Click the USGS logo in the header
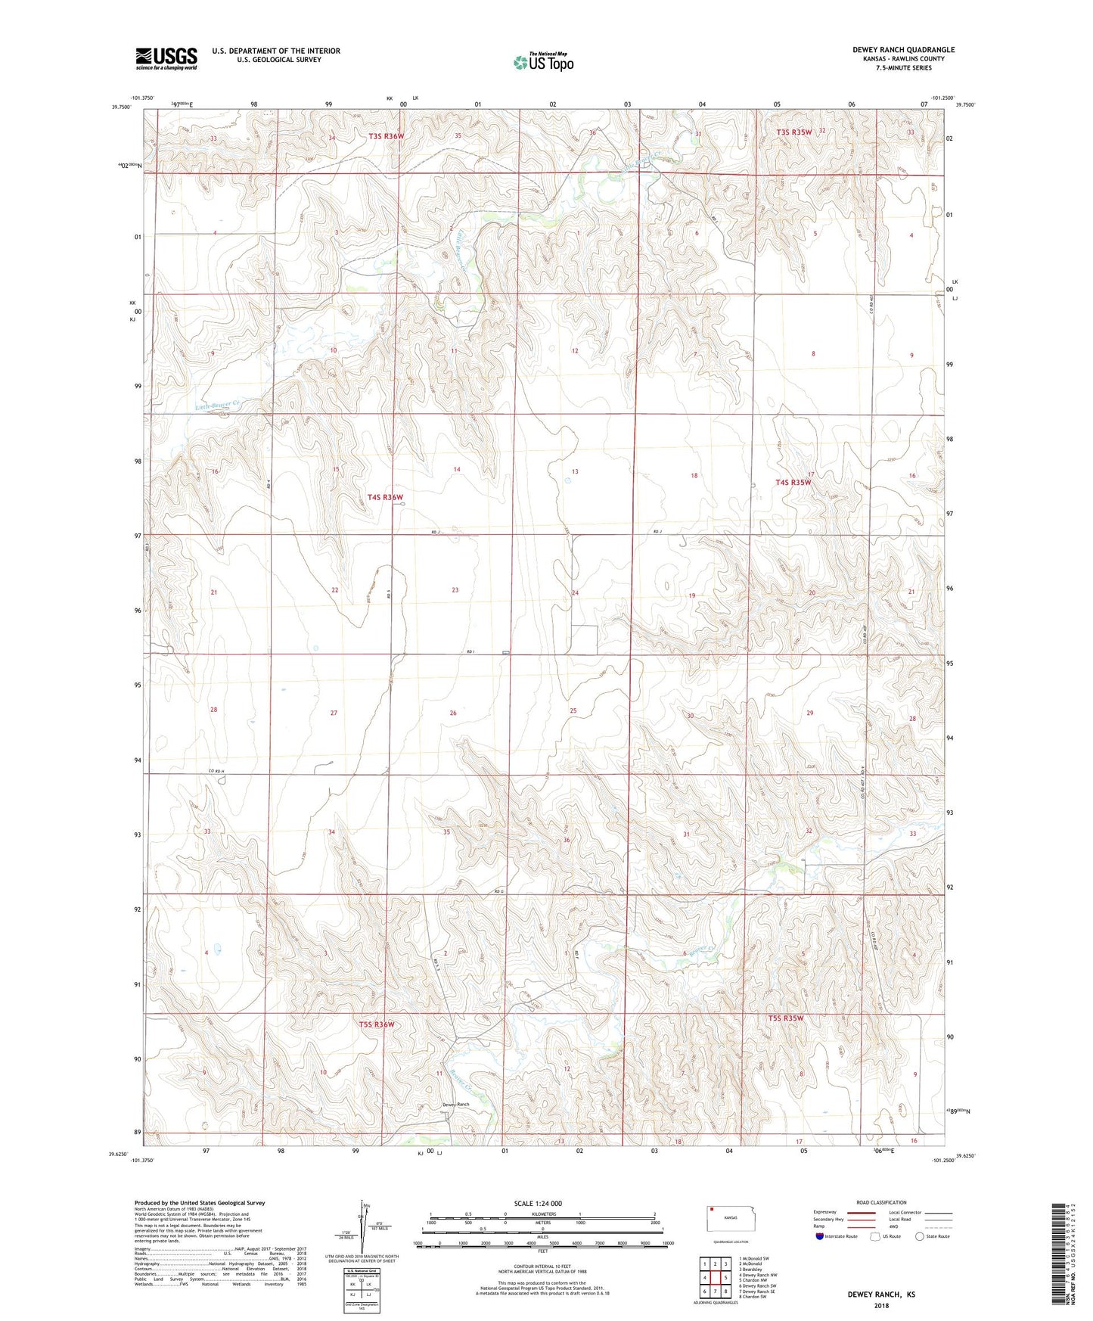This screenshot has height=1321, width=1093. coord(166,58)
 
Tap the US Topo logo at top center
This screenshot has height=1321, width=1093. coord(543,62)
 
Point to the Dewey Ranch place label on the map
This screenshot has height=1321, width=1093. coord(456,1105)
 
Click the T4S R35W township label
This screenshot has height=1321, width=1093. coord(793,482)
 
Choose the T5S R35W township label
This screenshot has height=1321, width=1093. coord(786,1018)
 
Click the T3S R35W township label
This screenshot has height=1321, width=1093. coord(793,132)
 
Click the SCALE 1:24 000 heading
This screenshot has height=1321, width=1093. coord(538,1203)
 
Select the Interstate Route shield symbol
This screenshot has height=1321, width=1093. coord(820,1236)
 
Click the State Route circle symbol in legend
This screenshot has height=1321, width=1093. coord(919,1236)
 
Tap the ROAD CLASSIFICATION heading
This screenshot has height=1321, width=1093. coord(881,1202)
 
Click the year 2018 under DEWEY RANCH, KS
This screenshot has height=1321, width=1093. coord(881,1305)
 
